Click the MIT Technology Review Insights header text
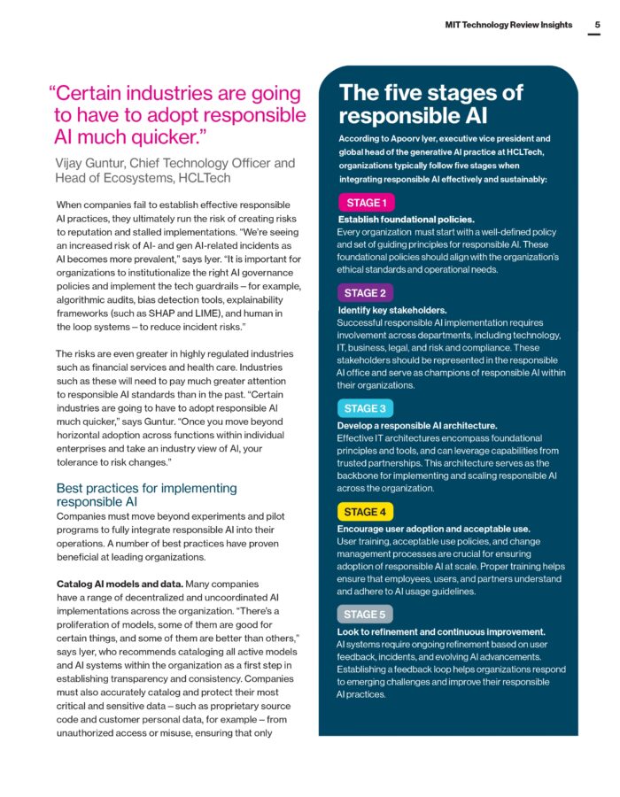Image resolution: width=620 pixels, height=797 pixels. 508,26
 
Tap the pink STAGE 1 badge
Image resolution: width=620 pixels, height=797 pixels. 365,203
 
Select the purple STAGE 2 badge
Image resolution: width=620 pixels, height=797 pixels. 365,293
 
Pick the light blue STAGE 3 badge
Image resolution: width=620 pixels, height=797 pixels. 365,408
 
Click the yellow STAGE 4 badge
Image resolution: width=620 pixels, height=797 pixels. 365,512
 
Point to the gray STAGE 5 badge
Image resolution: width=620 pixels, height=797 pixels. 365,615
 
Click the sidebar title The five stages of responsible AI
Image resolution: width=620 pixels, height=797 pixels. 430,104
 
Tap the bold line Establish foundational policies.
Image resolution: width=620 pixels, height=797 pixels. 407,219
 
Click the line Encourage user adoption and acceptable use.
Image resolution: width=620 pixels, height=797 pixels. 434,529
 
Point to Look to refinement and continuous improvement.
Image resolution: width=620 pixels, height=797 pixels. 441,632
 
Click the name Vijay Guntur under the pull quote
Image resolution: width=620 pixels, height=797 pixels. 94,163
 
